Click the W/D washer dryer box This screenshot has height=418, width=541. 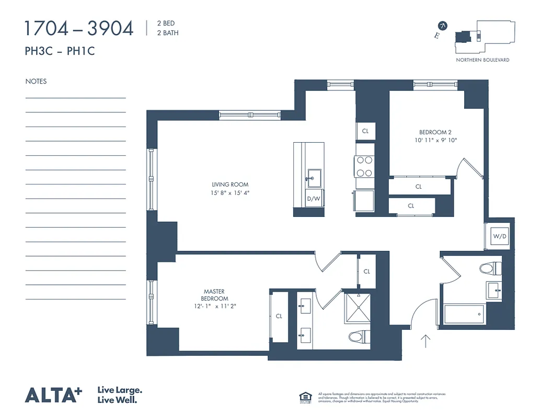point(500,236)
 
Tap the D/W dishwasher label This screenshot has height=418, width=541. point(313,199)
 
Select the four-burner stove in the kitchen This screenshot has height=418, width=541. point(364,167)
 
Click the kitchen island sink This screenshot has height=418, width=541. point(314,177)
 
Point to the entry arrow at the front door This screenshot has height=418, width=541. point(425,341)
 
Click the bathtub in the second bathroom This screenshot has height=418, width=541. point(464,313)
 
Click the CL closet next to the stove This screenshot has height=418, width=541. point(365,131)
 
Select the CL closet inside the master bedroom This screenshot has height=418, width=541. point(279,316)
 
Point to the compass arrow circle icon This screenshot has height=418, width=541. point(443,25)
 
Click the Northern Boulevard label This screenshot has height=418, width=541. point(482,60)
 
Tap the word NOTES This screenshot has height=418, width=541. point(36,82)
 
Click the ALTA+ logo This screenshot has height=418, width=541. point(53,394)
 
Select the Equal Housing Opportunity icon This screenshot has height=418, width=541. point(305,397)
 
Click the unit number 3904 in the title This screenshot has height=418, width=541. point(110,29)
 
